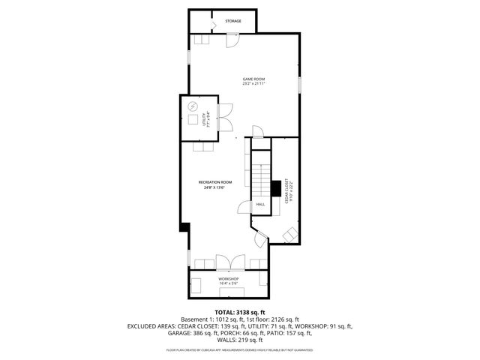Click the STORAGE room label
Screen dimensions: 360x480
point(233,21)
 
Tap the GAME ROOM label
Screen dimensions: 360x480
point(253,79)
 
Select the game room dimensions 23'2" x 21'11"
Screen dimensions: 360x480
point(253,84)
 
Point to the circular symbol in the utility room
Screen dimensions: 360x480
point(192,106)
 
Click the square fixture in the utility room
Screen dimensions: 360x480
point(193,120)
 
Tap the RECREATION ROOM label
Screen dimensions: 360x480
point(215,182)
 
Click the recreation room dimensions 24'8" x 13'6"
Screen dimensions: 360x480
point(215,187)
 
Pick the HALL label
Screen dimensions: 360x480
point(260,204)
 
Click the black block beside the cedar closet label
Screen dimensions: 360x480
point(276,187)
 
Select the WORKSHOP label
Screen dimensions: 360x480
point(228,278)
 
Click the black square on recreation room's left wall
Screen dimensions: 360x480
point(184,226)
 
